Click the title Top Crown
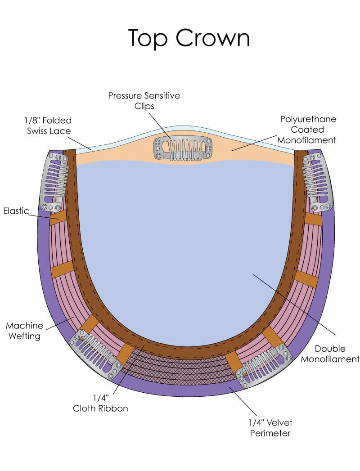pyautogui.click(x=189, y=38)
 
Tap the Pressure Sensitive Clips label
pyautogui.click(x=144, y=101)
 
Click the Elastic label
pyautogui.click(x=16, y=211)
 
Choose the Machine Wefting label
pyautogui.click(x=25, y=331)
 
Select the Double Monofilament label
pyautogui.click(x=330, y=354)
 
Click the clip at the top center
pyautogui.click(x=183, y=148)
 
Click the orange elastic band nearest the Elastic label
pyautogui.click(x=57, y=218)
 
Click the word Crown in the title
pyautogui.click(x=212, y=38)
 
